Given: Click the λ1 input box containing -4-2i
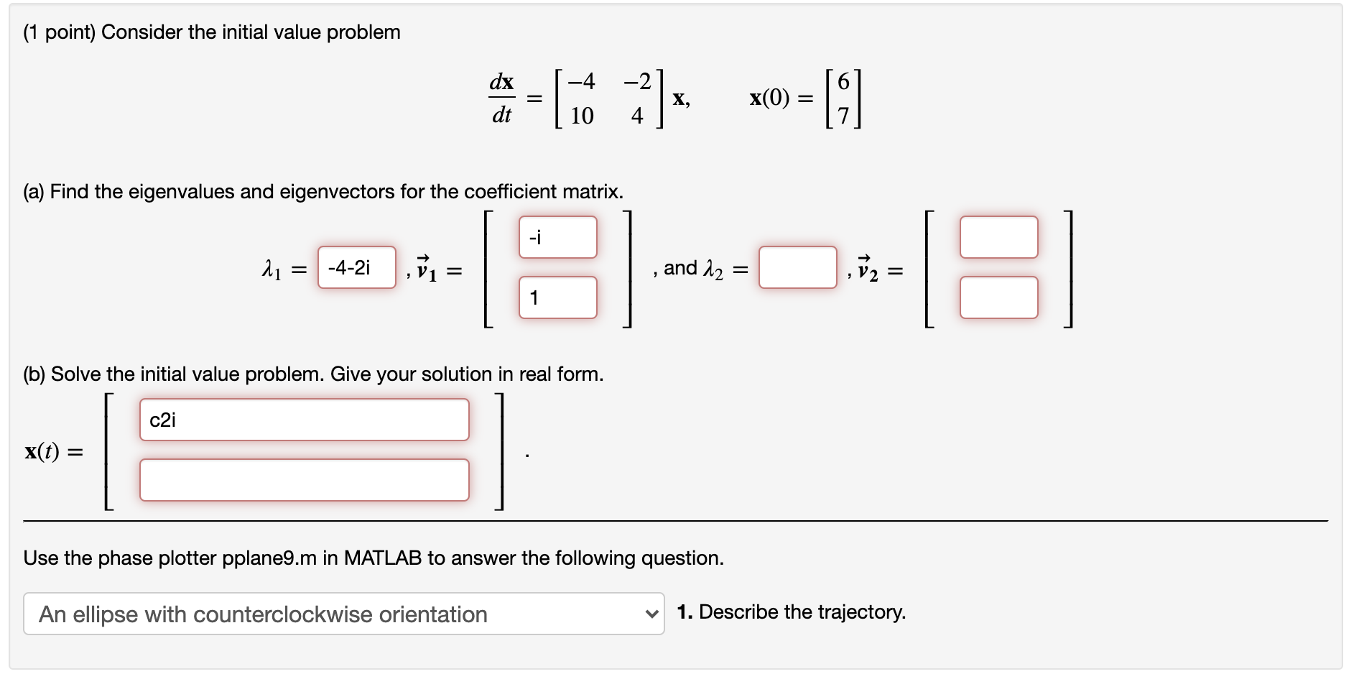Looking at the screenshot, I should click(356, 268).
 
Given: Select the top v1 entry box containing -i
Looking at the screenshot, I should click(557, 237).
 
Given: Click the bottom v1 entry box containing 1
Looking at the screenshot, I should click(557, 297).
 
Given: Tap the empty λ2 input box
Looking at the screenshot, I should click(797, 268).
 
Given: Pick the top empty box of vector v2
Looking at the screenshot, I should click(998, 237).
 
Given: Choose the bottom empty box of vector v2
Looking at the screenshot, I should click(998, 297).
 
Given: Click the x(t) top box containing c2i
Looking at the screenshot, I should click(304, 420).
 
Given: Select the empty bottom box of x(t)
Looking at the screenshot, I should click(304, 480).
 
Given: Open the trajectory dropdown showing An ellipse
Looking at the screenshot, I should click(343, 614).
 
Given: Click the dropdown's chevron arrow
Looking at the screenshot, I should click(651, 614).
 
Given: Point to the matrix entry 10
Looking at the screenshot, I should click(582, 116).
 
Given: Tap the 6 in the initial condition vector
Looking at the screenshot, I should click(843, 82).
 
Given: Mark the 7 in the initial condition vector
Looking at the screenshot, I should click(843, 116).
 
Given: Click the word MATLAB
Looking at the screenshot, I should click(382, 558).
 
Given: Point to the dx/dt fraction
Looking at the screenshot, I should click(501, 98).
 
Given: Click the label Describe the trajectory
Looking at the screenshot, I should click(802, 612).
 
